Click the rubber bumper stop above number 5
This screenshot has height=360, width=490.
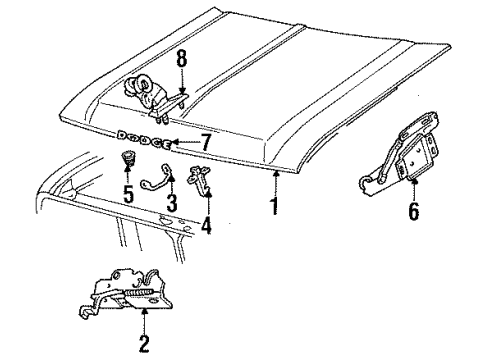pos(128,159)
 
